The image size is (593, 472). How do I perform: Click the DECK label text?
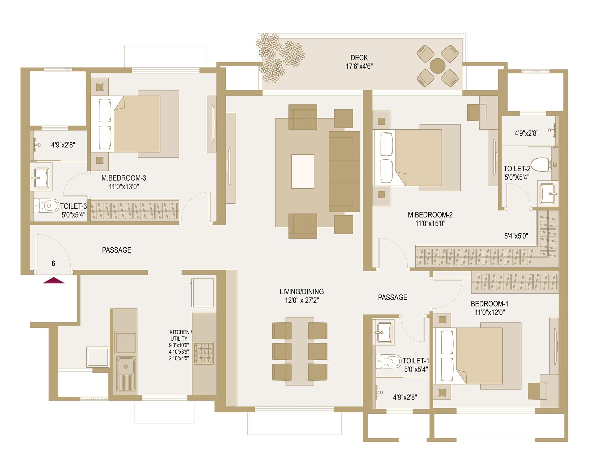(x=359, y=58)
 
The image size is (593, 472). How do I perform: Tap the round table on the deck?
(x=438, y=66)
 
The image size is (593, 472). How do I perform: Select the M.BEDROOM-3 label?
(x=124, y=178)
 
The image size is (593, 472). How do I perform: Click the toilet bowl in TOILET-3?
(x=46, y=205)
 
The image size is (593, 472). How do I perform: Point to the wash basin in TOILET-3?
(x=41, y=178)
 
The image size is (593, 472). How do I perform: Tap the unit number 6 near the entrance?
(x=53, y=263)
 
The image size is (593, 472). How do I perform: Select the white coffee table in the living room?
(x=303, y=171)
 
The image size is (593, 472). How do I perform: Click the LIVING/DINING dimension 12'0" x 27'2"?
(x=302, y=300)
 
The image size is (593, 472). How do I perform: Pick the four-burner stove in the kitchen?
(x=204, y=353)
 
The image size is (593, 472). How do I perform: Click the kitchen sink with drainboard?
(x=125, y=374)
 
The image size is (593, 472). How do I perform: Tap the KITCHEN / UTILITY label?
(x=180, y=335)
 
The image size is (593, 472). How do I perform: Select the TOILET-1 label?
(x=416, y=360)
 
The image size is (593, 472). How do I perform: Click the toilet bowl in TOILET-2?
(x=541, y=164)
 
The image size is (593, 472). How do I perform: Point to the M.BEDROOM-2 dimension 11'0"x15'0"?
(x=430, y=223)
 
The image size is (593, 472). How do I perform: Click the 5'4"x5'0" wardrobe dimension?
(x=516, y=236)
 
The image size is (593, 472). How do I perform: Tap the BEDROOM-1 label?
(x=490, y=304)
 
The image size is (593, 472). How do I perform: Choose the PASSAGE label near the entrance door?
(x=117, y=250)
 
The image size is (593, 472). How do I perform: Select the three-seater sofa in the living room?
(x=344, y=171)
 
